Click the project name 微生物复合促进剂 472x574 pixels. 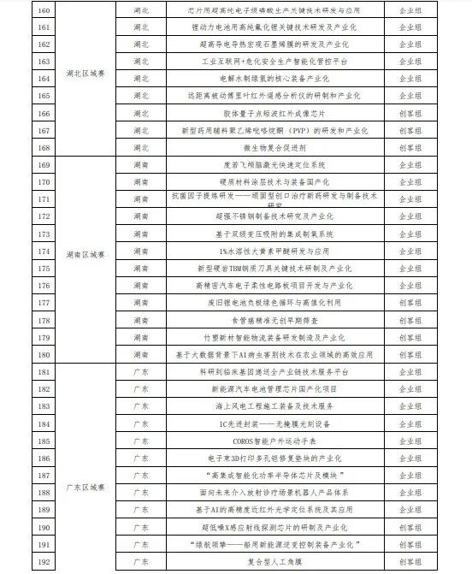pos(271,147)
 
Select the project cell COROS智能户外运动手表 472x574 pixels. pos(271,442)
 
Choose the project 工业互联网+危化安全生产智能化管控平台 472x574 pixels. pos(271,62)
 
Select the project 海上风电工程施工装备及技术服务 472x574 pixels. pos(271,407)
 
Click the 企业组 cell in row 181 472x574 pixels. pos(414,373)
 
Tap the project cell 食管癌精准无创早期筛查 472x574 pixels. pos(271,320)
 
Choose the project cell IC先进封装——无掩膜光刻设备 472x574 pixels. pos(271,424)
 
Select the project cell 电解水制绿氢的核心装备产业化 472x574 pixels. pos(271,80)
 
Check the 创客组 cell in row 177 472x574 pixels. pos(414,303)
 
